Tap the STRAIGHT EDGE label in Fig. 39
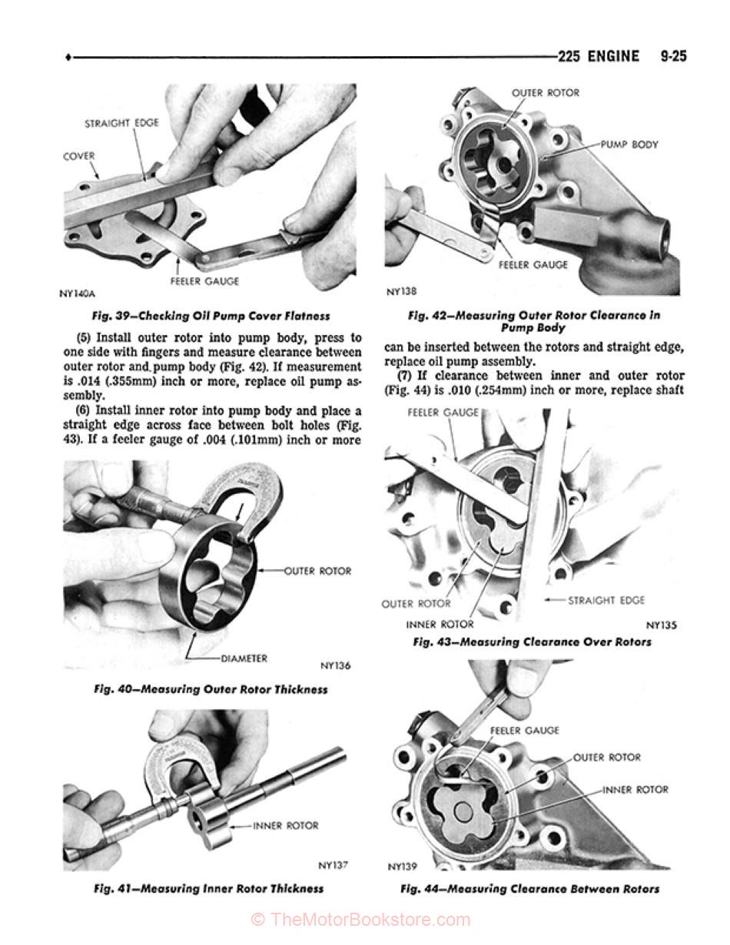coord(121,123)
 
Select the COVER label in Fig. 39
coord(78,156)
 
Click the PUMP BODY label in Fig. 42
coord(629,144)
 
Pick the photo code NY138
coord(401,292)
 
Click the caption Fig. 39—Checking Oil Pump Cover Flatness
coord(211,316)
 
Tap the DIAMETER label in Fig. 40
coord(244,658)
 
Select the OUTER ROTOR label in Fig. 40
coord(317,571)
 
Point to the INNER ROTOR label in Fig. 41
coord(286,826)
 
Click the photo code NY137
coord(333,865)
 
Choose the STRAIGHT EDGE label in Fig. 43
coord(606,600)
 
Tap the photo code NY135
coord(662,625)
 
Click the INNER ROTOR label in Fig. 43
coord(440,624)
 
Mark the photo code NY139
coord(402,867)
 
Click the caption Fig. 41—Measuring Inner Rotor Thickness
coord(208,889)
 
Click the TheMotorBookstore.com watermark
coord(361,920)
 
